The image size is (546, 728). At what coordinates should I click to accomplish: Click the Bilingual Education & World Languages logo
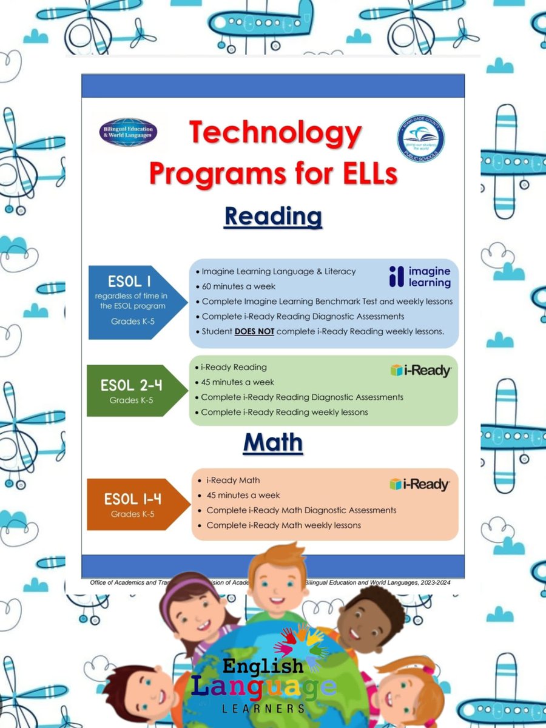tap(128, 133)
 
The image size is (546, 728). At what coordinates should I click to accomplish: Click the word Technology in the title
tap(275, 133)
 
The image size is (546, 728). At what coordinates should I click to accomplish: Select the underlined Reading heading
tap(272, 216)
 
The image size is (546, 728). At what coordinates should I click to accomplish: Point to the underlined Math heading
tap(272, 443)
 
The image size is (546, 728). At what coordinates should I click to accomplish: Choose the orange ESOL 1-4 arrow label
tap(133, 504)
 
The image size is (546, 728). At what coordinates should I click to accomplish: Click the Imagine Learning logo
tap(420, 277)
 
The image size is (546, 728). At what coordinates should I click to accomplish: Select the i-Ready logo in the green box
tap(420, 371)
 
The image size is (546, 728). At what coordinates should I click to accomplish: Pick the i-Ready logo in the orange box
tap(419, 484)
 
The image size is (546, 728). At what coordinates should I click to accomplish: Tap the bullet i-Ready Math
tap(233, 480)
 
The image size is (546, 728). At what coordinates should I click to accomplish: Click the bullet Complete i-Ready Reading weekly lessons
tap(284, 412)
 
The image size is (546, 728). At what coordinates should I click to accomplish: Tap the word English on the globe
tap(263, 667)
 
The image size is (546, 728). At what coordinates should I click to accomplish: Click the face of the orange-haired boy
tap(277, 586)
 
